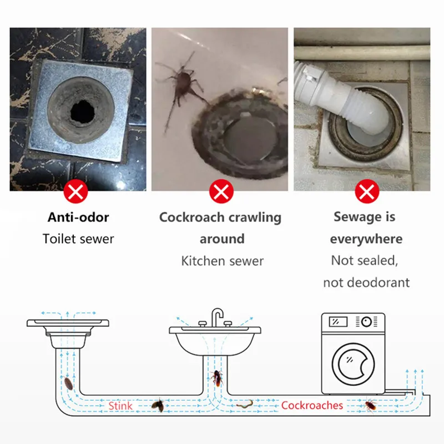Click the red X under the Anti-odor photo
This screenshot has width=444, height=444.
pyautogui.click(x=76, y=193)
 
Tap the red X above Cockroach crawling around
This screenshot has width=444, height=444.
pyautogui.click(x=221, y=193)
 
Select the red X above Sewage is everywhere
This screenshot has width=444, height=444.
pyautogui.click(x=366, y=193)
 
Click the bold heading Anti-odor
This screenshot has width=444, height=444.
pyautogui.click(x=78, y=217)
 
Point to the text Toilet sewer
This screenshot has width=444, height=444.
pyautogui.click(x=78, y=239)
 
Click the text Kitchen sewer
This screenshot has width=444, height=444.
pyautogui.click(x=222, y=261)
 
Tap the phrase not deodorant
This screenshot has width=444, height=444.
pyautogui.click(x=366, y=282)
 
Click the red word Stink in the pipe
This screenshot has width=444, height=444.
pyautogui.click(x=120, y=406)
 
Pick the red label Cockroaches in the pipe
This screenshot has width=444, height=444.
pyautogui.click(x=312, y=406)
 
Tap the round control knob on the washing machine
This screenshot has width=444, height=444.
pyautogui.click(x=366, y=321)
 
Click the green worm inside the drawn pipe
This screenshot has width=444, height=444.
pyautogui.click(x=244, y=405)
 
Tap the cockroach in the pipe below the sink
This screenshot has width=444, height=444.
pyautogui.click(x=216, y=379)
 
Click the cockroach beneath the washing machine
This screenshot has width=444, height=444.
pyautogui.click(x=370, y=406)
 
